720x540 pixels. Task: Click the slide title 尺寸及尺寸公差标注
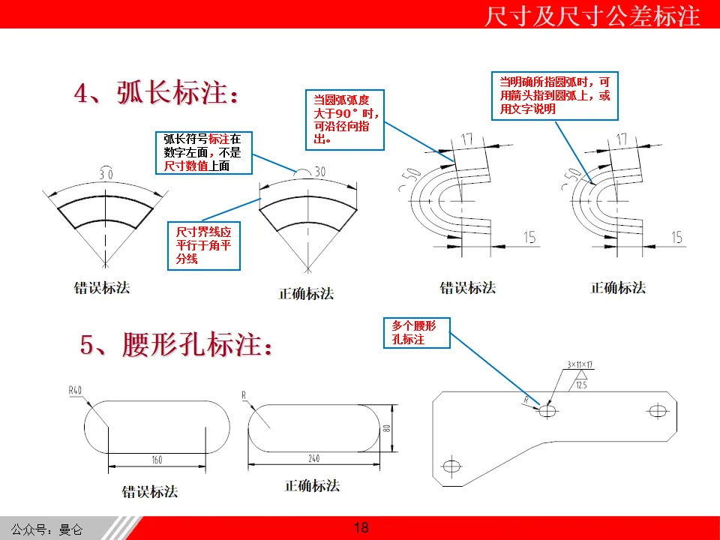click(x=592, y=15)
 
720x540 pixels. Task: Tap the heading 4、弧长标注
click(x=159, y=94)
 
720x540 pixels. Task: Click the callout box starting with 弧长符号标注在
click(x=203, y=152)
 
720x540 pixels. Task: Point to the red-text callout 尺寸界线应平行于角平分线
click(x=204, y=246)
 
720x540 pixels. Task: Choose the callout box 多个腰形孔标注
click(x=416, y=332)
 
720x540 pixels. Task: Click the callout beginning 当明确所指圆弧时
click(x=555, y=95)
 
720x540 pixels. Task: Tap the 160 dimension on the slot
click(x=157, y=460)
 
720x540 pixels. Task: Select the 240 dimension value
click(x=319, y=458)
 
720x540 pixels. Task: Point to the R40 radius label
click(x=75, y=390)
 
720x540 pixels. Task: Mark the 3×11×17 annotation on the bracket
click(x=580, y=365)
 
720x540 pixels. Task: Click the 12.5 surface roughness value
click(x=581, y=385)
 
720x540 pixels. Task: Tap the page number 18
click(x=361, y=528)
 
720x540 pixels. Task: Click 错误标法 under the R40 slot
click(x=150, y=492)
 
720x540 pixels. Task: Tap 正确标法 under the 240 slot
click(x=312, y=486)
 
